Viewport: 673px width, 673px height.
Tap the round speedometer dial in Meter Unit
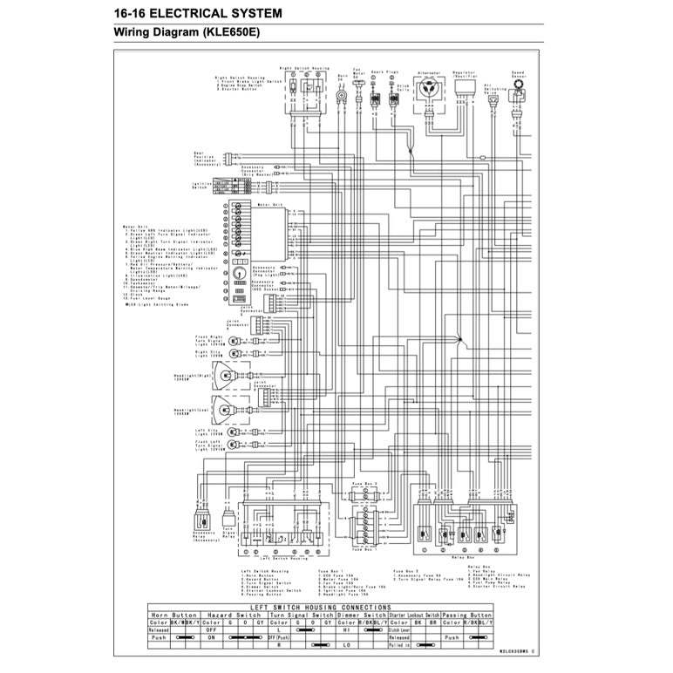(x=240, y=272)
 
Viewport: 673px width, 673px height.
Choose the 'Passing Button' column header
(x=468, y=615)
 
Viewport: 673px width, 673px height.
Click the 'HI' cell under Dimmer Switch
(x=346, y=629)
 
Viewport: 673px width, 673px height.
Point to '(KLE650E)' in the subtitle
(x=229, y=33)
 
